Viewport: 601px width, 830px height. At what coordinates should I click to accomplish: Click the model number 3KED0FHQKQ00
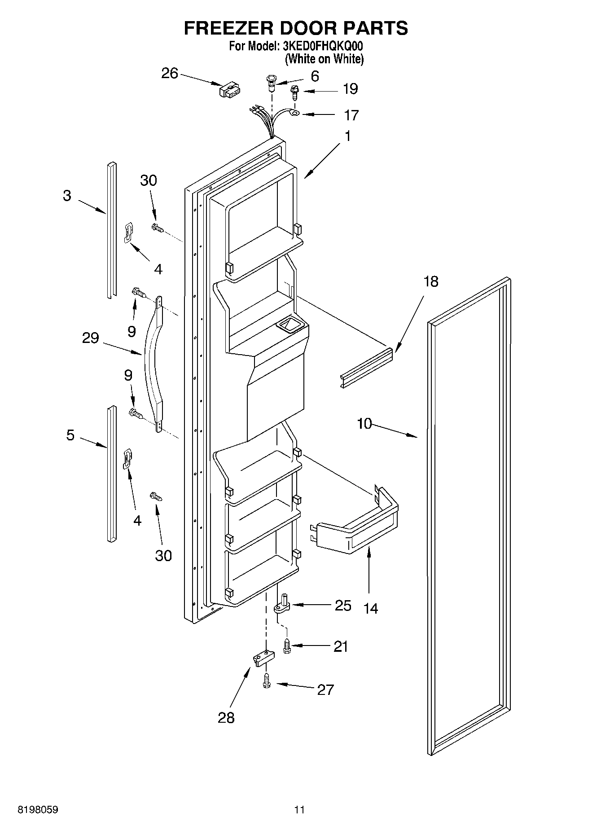click(x=322, y=46)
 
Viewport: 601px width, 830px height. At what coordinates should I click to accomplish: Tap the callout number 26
click(x=170, y=73)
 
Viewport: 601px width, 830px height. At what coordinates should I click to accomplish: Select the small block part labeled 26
click(x=229, y=90)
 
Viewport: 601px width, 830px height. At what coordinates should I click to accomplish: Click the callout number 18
click(x=430, y=281)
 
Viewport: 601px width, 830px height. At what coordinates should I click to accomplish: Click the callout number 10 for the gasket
click(x=364, y=423)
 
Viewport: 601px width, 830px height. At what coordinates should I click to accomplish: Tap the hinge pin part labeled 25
click(x=283, y=604)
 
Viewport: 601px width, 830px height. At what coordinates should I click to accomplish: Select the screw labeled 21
click(x=286, y=646)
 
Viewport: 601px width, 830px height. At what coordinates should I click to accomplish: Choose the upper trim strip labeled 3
click(x=111, y=229)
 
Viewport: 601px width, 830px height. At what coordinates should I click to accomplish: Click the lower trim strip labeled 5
click(x=111, y=474)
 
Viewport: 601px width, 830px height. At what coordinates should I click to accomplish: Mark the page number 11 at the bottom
click(x=299, y=810)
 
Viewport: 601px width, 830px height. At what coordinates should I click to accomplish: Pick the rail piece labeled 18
click(x=366, y=367)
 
